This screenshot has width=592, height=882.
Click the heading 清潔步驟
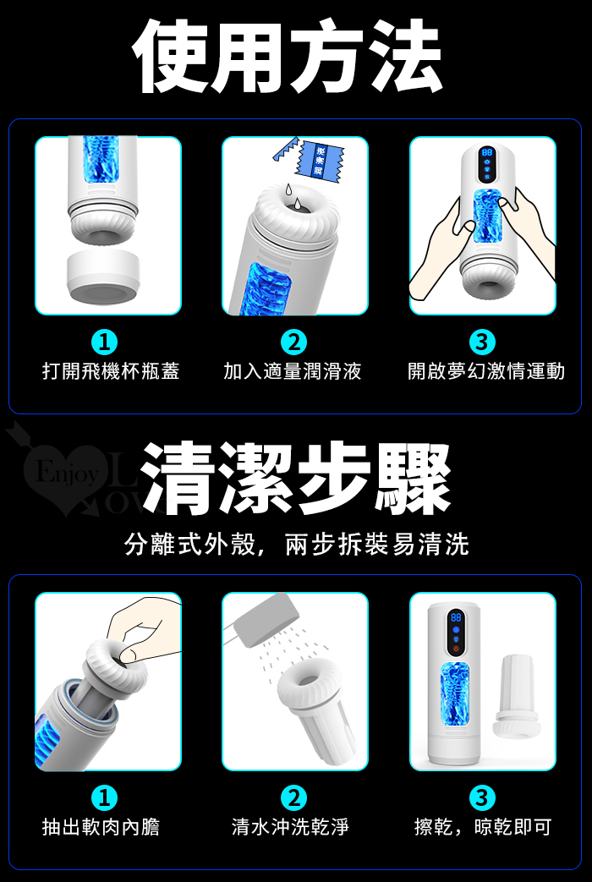(295, 479)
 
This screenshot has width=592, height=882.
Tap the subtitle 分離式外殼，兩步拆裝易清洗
(297, 544)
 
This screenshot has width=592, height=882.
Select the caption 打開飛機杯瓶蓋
(111, 371)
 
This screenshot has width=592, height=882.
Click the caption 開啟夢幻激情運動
(486, 371)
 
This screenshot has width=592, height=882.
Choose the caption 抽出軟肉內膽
(101, 826)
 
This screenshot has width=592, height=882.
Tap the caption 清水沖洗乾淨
(290, 826)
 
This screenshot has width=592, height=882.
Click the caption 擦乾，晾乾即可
(483, 826)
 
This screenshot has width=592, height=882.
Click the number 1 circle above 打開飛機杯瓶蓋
(104, 342)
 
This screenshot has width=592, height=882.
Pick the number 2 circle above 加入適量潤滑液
(293, 342)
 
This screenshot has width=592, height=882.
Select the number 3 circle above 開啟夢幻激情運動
(482, 342)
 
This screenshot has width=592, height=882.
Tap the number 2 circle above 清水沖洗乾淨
(293, 797)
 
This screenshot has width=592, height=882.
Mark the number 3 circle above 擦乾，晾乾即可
(482, 797)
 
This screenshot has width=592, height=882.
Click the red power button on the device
(456, 649)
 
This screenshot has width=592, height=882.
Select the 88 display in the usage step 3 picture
(487, 152)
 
